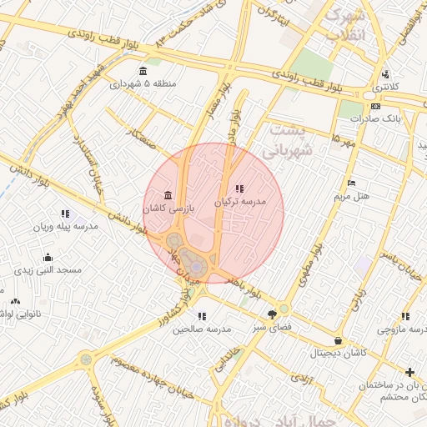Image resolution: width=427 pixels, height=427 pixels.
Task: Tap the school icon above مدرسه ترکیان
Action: tap(240, 188)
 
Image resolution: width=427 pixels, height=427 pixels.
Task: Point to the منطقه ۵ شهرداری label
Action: tap(143, 83)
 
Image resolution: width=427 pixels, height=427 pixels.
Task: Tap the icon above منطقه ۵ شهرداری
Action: tap(143, 70)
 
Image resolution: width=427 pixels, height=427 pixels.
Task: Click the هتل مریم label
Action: tap(351, 196)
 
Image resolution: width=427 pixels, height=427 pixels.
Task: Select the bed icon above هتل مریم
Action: tap(351, 183)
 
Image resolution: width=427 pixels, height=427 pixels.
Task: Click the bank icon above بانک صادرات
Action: tap(375, 106)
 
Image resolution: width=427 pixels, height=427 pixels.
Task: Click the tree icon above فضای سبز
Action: tap(271, 314)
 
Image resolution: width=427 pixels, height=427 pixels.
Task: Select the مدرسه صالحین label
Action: tap(201, 329)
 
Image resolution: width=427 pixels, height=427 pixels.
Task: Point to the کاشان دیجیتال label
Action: tap(337, 354)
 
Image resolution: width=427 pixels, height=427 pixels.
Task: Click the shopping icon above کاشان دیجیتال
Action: tap(337, 340)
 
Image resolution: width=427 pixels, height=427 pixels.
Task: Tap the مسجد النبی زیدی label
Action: tap(48, 270)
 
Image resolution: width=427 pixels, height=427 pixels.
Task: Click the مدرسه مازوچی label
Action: tap(404, 330)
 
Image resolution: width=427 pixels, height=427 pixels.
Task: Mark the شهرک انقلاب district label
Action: tap(345, 25)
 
